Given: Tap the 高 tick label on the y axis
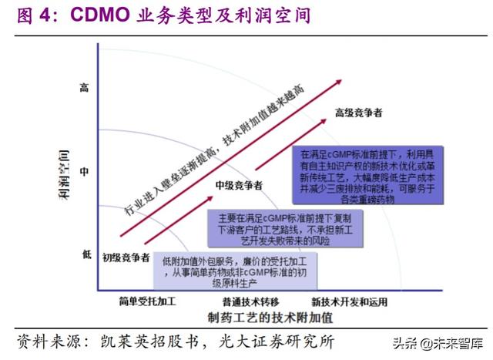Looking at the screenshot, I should point(85,89).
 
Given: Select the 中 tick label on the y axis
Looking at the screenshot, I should point(85,172).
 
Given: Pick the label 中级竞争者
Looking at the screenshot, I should point(238,186).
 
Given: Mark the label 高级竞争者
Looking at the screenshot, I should point(359,113).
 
